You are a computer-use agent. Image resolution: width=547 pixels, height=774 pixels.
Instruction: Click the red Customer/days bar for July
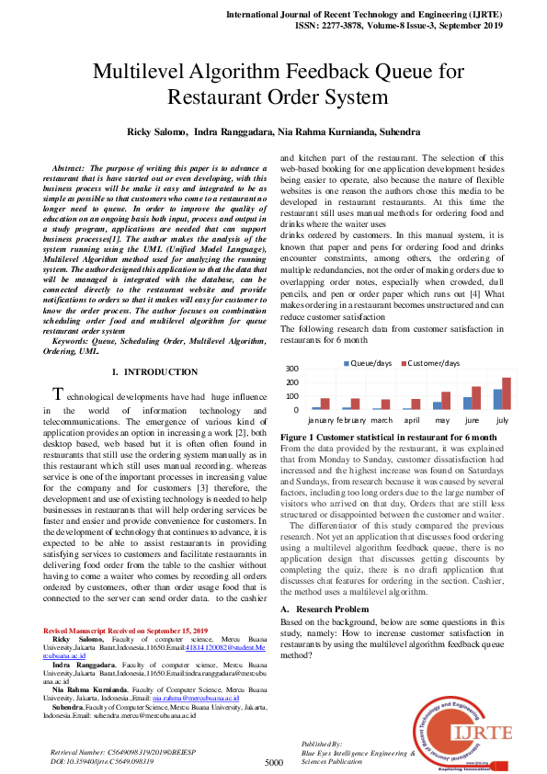click(x=507, y=393)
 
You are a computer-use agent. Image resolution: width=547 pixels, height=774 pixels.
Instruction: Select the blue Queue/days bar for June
click(x=467, y=403)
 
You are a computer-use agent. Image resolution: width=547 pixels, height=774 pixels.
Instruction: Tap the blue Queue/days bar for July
click(x=497, y=399)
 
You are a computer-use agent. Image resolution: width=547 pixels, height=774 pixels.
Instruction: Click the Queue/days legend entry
click(x=370, y=363)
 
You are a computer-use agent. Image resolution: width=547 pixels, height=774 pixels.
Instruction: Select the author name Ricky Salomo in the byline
click(x=153, y=132)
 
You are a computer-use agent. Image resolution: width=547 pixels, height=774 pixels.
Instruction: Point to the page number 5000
click(x=273, y=762)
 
